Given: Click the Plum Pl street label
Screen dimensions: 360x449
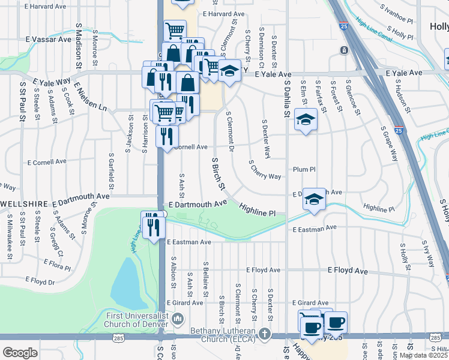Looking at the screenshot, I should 304,170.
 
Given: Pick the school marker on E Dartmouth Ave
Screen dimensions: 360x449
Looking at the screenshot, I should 313,200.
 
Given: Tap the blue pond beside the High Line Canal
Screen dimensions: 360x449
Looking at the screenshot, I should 125,283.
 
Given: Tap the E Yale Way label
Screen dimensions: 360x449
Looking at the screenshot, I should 52,81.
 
